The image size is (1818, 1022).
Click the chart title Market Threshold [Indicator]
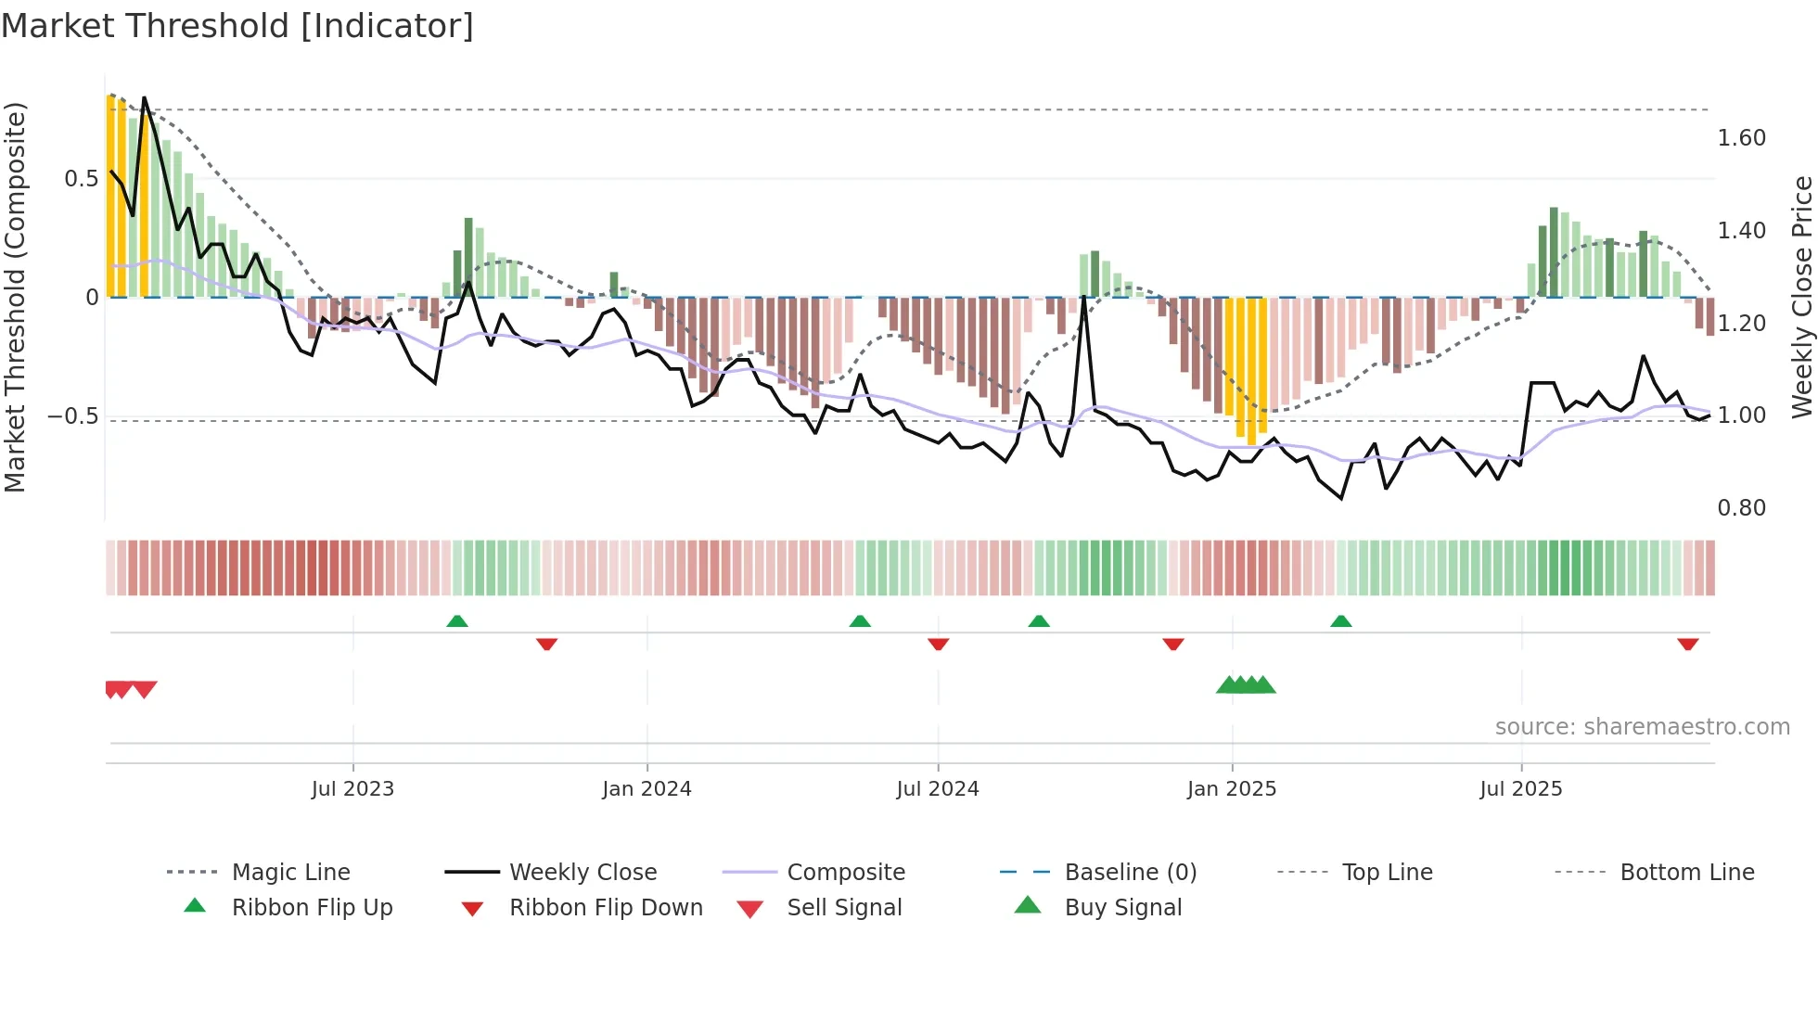(237, 26)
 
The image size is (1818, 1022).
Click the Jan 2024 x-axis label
(647, 789)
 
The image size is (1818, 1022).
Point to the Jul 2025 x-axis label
(1520, 789)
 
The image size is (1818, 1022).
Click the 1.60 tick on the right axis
(1741, 138)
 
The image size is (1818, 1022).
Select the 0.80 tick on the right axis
(1741, 508)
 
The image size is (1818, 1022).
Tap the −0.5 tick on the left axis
(73, 416)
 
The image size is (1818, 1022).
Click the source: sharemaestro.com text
(1642, 727)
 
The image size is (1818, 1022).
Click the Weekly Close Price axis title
(1801, 297)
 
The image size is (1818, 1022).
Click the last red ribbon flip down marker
(1687, 644)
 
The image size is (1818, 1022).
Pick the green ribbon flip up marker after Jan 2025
(1340, 621)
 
